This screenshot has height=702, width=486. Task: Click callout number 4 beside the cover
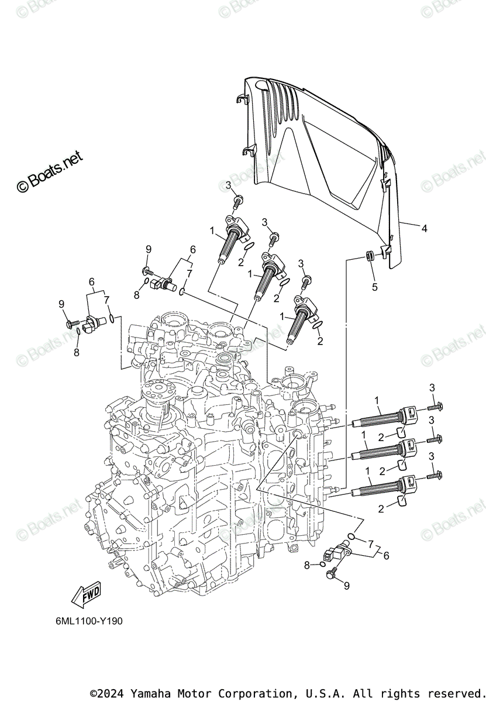425,229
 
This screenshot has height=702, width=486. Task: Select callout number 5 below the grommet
375,287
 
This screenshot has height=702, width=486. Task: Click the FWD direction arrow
85,596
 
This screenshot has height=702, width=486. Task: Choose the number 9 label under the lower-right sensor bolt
346,586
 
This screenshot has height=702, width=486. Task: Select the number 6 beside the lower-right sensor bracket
385,556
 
